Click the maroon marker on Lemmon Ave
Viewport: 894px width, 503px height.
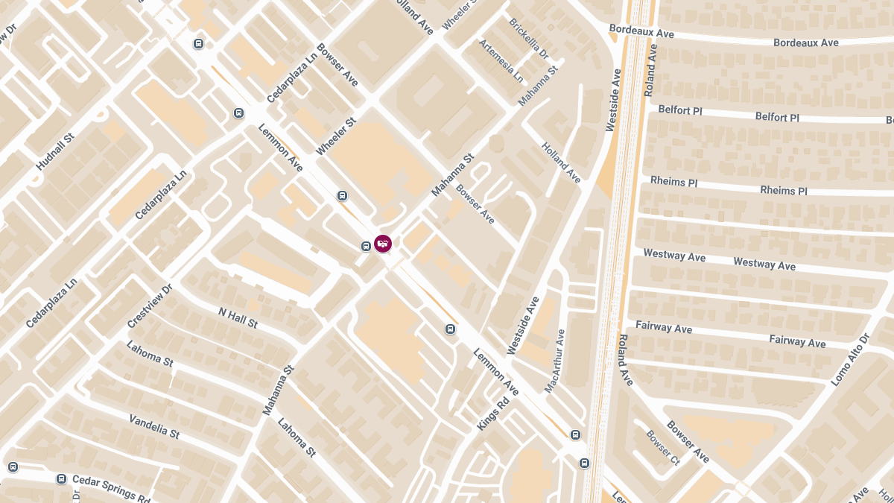(x=383, y=243)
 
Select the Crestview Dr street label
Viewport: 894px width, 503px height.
(x=150, y=306)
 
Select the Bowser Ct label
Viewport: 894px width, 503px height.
(x=663, y=447)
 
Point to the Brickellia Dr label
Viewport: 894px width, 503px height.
(x=529, y=39)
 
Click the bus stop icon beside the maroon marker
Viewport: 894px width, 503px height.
(x=366, y=247)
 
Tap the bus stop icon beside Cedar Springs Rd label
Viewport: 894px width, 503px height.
(x=61, y=478)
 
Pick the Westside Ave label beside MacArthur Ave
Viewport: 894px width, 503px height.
(x=523, y=325)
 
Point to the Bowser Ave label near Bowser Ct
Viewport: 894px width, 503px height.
(x=688, y=442)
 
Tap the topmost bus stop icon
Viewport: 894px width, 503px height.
(x=198, y=43)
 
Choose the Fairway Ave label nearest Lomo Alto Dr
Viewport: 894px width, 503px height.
(x=797, y=341)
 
